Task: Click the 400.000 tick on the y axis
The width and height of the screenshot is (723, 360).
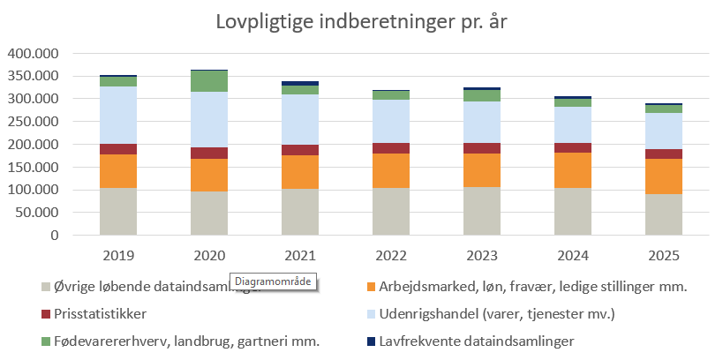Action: pyautogui.click(x=33, y=53)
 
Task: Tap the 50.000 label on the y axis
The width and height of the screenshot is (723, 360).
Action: pyautogui.click(x=36, y=213)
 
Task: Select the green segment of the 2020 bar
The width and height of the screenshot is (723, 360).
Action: pyautogui.click(x=208, y=81)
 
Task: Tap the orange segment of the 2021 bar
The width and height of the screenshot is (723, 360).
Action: pyautogui.click(x=299, y=172)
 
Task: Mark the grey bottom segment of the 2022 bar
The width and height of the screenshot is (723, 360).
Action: pyautogui.click(x=390, y=212)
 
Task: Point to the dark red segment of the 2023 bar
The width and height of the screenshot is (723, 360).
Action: pyautogui.click(x=481, y=148)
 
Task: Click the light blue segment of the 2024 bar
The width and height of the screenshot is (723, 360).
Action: pyautogui.click(x=572, y=124)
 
